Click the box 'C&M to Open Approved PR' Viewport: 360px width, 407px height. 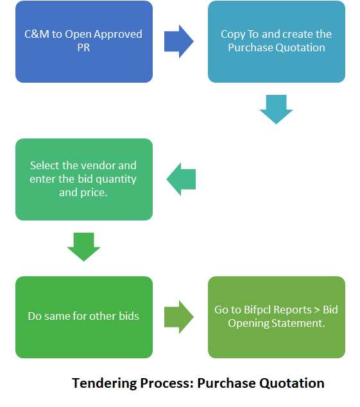click(x=84, y=42)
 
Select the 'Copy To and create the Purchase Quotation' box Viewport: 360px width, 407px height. click(x=277, y=42)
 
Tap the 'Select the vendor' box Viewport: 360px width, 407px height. click(x=84, y=179)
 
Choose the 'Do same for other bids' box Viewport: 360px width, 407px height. click(x=84, y=317)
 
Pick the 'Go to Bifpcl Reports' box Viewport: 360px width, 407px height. click(x=277, y=317)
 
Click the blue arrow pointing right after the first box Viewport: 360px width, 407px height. click(x=179, y=42)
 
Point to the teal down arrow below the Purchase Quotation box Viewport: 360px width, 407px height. click(x=277, y=110)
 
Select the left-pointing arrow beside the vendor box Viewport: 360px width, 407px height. click(x=181, y=179)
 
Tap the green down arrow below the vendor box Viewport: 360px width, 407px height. click(x=83, y=247)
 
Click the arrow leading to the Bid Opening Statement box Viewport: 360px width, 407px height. click(x=179, y=317)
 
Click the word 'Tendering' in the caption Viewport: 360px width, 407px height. click(x=104, y=384)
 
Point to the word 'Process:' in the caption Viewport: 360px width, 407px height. click(x=167, y=383)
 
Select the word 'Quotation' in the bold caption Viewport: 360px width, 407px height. click(x=292, y=383)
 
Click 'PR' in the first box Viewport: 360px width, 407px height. click(x=83, y=47)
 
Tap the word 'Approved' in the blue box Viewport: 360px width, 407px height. click(x=118, y=35)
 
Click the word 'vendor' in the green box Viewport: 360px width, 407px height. click(x=93, y=165)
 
